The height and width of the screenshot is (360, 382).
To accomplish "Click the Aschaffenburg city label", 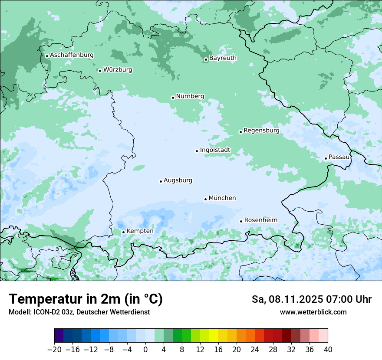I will click(x=72, y=55).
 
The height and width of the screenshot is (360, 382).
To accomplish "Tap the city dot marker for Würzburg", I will click(x=100, y=71).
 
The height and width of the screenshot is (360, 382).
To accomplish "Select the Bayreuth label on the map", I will click(x=223, y=58).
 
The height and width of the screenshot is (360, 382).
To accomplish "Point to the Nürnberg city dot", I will click(x=173, y=98).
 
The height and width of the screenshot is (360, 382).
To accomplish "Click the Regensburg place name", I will click(x=261, y=130).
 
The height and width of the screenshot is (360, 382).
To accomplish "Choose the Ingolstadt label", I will click(x=215, y=150).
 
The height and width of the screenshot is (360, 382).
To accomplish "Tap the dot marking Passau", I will click(x=326, y=158).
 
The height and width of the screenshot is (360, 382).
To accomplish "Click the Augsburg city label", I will click(x=178, y=180).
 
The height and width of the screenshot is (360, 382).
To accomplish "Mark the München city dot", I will click(x=205, y=200).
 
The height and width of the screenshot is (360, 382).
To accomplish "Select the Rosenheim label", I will click(x=260, y=220).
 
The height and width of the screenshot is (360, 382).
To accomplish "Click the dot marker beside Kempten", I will click(x=123, y=232).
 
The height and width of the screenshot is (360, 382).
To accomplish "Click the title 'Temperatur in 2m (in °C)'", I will click(x=86, y=299).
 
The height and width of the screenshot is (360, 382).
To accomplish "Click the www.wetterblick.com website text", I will click(x=313, y=312).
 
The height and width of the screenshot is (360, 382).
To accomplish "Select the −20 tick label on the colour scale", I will click(x=54, y=350).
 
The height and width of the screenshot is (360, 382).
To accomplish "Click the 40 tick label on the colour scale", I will click(x=328, y=350).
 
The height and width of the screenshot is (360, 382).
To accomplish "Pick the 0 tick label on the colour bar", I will click(x=145, y=350).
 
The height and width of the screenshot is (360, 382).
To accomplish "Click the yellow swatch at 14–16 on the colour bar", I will click(x=214, y=336).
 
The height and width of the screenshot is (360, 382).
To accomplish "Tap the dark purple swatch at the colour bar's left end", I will click(x=59, y=336).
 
